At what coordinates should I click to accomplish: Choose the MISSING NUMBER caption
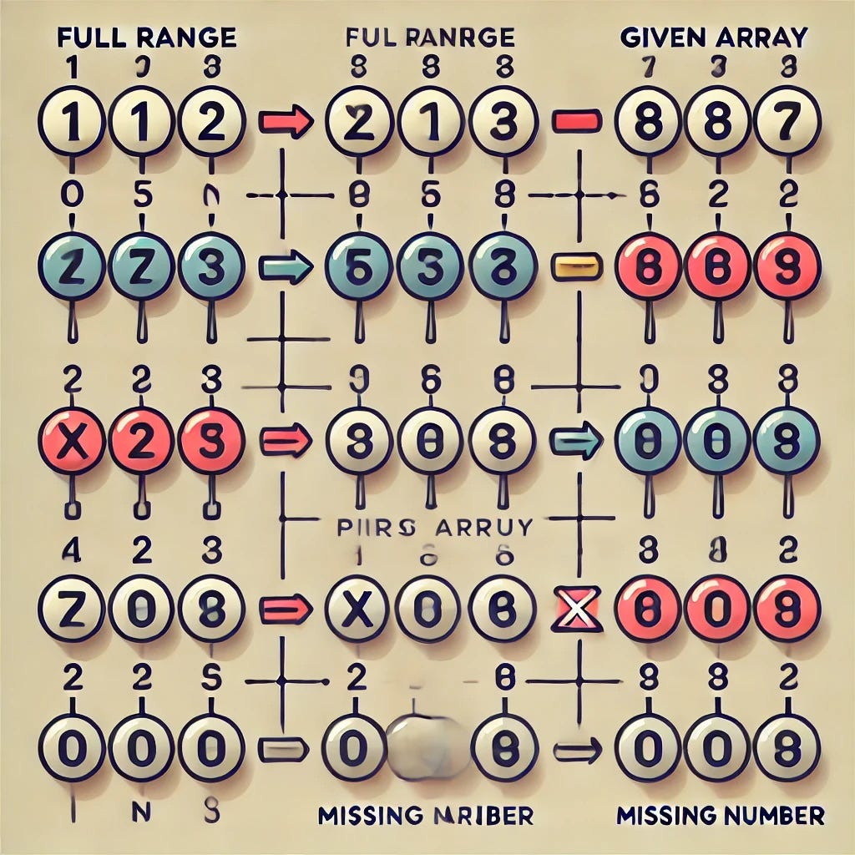719,814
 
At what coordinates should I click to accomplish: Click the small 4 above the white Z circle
72,550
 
